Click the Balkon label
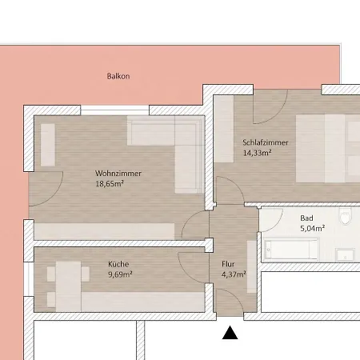click(x=118, y=76)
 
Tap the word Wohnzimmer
click(x=118, y=174)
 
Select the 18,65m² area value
click(x=110, y=183)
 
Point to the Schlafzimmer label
click(x=266, y=142)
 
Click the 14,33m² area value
click(x=257, y=153)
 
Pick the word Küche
click(x=118, y=264)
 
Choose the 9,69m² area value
click(x=120, y=274)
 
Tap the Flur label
click(x=228, y=264)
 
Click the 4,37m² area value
click(x=234, y=274)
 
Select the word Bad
click(x=306, y=218)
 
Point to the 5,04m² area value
click(x=313, y=228)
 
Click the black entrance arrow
click(x=230, y=333)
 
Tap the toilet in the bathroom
click(x=346, y=216)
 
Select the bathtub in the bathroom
click(x=291, y=249)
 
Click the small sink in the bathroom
click(x=345, y=254)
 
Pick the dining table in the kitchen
click(x=68, y=286)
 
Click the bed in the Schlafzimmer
click(x=328, y=149)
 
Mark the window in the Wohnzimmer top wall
click(x=114, y=110)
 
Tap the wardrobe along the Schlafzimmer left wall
click(x=224, y=129)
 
